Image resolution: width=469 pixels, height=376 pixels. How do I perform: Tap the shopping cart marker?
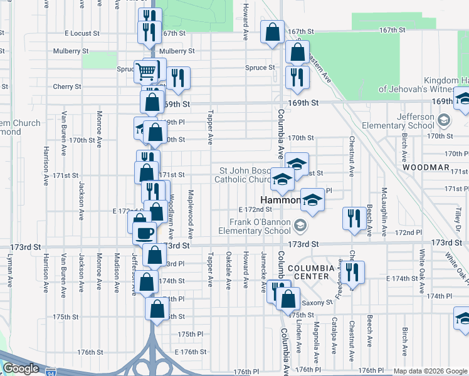[x=145, y=71]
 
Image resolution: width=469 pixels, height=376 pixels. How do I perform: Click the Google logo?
[x=21, y=368]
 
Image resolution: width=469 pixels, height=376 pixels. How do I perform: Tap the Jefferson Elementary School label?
[x=415, y=121]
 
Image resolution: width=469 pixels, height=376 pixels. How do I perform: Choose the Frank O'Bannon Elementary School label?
[x=259, y=226]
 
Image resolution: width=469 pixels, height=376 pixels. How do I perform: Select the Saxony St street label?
[x=319, y=303]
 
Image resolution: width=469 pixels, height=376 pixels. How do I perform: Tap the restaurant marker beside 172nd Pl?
[x=354, y=217]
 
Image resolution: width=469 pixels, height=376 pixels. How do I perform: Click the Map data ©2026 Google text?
[x=429, y=371]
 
